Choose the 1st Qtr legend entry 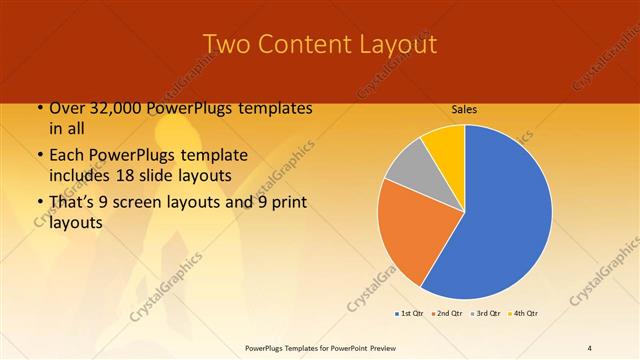(409, 314)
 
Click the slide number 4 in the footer (590, 348)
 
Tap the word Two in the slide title (226, 44)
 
